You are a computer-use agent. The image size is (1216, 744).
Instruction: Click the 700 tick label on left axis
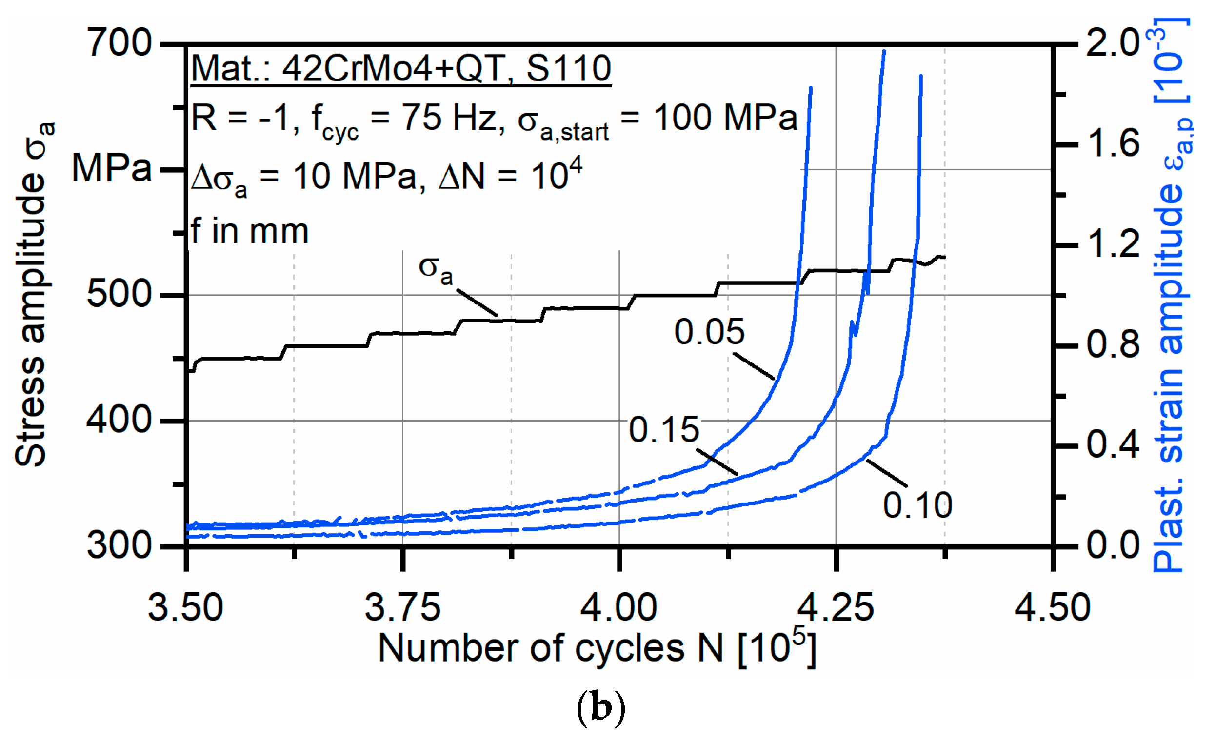[x=119, y=43]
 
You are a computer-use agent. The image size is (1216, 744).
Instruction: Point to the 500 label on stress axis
[x=119, y=295]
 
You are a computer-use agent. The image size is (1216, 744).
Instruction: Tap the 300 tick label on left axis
[x=119, y=546]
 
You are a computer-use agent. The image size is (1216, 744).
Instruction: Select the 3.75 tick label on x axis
[x=402, y=608]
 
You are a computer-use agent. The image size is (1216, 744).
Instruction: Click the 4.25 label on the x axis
[x=836, y=608]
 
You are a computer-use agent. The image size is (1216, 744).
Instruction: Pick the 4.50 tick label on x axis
[x=1052, y=608]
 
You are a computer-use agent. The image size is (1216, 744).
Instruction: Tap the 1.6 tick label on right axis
[x=1113, y=143]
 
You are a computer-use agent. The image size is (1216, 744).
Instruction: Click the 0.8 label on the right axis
[x=1113, y=344]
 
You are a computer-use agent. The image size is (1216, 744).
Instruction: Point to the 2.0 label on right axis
[x=1113, y=43]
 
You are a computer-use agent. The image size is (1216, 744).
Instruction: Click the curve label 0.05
[x=709, y=332]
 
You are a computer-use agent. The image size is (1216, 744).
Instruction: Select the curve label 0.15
[x=664, y=429]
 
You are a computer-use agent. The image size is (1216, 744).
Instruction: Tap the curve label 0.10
[x=917, y=506]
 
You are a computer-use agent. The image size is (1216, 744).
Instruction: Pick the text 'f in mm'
[x=250, y=231]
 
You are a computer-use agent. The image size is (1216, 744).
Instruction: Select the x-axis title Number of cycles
[x=550, y=648]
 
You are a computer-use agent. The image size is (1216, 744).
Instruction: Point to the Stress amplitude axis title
[x=32, y=296]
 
